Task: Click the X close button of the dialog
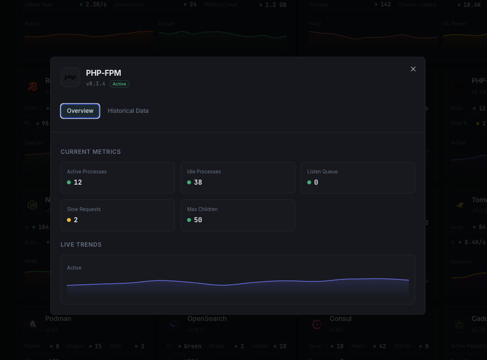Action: point(413,69)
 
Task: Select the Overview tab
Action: point(80,111)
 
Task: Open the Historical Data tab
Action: point(128,111)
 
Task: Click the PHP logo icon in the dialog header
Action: point(70,77)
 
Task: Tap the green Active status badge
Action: point(119,84)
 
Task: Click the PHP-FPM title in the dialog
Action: point(104,73)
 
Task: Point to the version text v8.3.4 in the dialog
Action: point(96,84)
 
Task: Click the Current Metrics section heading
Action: point(90,152)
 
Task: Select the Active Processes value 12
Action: point(78,182)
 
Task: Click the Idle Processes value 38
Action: point(198,182)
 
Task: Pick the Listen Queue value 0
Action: point(316,182)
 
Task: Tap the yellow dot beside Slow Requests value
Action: point(69,220)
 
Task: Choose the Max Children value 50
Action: point(198,220)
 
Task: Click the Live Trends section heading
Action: point(81,245)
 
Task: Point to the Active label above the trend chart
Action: point(74,268)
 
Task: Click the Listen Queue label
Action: point(322,171)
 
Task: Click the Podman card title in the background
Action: point(58,318)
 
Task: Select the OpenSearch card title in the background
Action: point(207,318)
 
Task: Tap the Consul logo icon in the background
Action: point(317,324)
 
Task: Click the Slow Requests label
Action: point(84,209)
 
